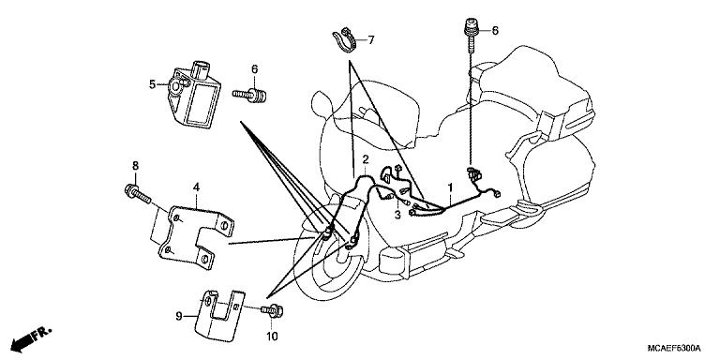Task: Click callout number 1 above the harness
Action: [450, 187]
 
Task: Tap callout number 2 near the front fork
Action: [365, 159]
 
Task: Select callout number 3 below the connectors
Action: [397, 215]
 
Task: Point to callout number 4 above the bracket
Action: [196, 187]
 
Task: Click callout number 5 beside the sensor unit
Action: [153, 84]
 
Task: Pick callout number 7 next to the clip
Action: [370, 40]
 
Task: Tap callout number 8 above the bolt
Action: [135, 166]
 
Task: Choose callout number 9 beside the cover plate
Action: [180, 316]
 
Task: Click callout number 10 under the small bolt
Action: [272, 337]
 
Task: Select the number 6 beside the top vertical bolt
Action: [495, 31]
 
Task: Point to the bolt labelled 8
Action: [137, 194]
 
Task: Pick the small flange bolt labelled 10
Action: [272, 311]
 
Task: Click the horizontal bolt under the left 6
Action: [249, 96]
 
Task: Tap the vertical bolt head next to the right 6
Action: [470, 26]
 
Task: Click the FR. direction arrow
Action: [31, 338]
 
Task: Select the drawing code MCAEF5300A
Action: [674, 347]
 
